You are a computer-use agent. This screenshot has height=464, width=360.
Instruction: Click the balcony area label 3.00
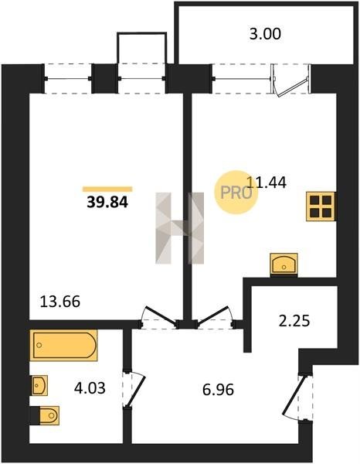coord(265,34)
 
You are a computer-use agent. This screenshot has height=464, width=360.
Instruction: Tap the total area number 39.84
coord(107,203)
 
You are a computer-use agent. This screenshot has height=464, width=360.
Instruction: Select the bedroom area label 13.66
coord(60,302)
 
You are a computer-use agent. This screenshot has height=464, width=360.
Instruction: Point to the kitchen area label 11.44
coord(266,183)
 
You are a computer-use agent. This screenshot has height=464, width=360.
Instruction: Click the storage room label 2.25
coord(294,320)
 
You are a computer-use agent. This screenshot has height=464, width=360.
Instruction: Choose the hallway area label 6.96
coord(218,390)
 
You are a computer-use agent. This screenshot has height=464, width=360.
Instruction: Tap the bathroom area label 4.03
coord(90,388)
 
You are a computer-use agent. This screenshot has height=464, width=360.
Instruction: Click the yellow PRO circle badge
coord(236,193)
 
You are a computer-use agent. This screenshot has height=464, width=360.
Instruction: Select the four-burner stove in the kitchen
coord(321,206)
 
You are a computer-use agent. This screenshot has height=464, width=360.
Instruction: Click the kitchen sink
coord(284,264)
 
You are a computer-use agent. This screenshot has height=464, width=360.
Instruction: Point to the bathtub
coord(63,345)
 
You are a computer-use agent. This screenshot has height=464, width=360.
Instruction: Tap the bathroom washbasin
coord(39,385)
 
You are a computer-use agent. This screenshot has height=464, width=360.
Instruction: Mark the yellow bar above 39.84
coord(107,189)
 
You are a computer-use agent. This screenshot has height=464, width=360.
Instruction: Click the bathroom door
coord(134,389)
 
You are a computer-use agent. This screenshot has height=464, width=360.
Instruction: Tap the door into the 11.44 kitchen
coord(214,316)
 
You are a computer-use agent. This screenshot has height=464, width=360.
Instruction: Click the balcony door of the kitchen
coord(291,80)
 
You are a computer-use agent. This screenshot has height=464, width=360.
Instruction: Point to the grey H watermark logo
coord(180,228)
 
